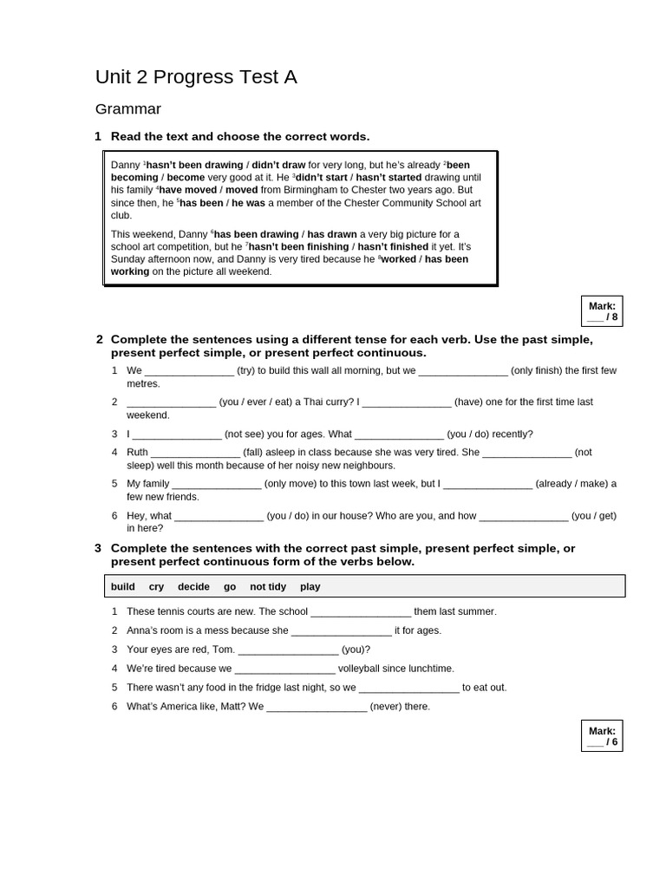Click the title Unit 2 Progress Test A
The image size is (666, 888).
click(x=196, y=77)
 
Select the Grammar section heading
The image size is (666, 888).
click(x=127, y=109)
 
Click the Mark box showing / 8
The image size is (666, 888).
click(x=602, y=310)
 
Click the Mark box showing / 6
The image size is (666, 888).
click(x=602, y=735)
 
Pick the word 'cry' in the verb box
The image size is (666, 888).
click(x=156, y=587)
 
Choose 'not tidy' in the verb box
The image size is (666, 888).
click(x=268, y=587)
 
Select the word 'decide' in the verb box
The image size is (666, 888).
click(x=193, y=587)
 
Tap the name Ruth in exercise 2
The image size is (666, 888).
click(x=138, y=452)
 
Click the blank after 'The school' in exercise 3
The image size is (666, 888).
click(x=361, y=612)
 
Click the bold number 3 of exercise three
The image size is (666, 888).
click(x=98, y=548)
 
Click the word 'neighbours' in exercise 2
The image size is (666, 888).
click(x=367, y=465)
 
